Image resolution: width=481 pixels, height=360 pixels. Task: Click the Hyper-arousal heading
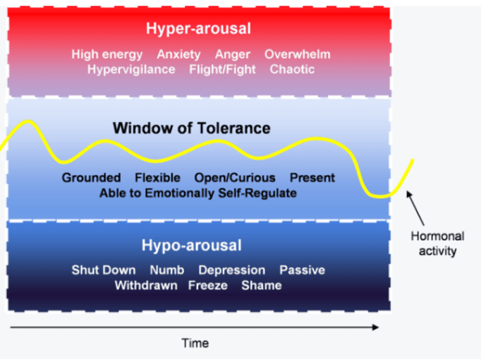(x=198, y=29)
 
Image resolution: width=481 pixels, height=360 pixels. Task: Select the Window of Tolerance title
(x=191, y=128)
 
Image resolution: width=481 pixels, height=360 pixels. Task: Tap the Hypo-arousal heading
(x=191, y=246)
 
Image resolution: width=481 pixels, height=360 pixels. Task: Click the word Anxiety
(x=178, y=54)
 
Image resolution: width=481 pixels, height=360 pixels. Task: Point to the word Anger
(x=232, y=54)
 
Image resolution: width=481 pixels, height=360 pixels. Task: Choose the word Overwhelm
(x=297, y=54)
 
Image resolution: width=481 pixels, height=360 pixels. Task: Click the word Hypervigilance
(x=131, y=69)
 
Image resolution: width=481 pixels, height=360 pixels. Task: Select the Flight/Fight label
(x=221, y=69)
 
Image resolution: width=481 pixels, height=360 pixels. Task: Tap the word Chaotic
(x=292, y=69)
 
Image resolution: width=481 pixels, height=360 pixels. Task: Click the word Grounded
(x=91, y=178)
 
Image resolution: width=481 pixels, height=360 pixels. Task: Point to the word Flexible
(x=157, y=178)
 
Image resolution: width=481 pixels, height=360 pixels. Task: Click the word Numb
(x=166, y=270)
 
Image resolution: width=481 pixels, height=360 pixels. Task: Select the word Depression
(x=231, y=270)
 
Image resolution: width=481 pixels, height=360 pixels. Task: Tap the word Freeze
(x=207, y=285)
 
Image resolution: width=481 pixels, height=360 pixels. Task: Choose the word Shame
(x=261, y=285)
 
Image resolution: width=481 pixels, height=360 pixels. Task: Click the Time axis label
(x=195, y=343)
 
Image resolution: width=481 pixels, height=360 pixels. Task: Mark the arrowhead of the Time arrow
(x=375, y=327)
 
